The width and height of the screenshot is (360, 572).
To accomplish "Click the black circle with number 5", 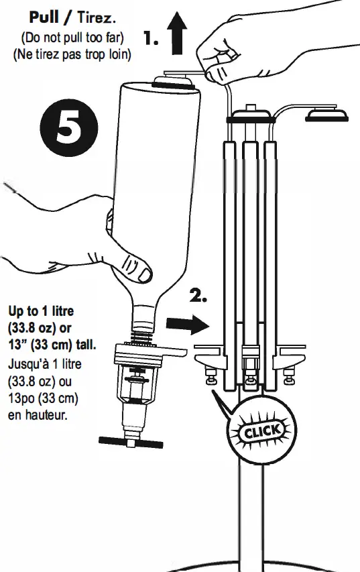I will tap(68, 129).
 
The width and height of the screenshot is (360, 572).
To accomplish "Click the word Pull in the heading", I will tap(45, 17).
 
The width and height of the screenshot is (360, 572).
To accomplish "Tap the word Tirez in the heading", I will tap(97, 17).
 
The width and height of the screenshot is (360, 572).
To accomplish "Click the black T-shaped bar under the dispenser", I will tap(130, 441).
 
